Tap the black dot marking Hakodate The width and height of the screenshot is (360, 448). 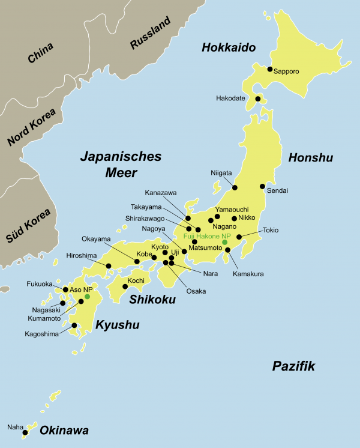pos(257,98)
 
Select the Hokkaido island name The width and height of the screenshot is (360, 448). pos(229,47)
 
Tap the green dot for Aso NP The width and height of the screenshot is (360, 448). pos(87,297)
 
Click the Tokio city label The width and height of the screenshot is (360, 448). pos(271,231)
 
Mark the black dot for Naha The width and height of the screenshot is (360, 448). pos(25,432)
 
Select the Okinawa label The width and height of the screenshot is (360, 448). pos(64,431)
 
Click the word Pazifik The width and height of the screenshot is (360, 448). pos(293,366)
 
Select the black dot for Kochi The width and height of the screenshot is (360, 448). pos(125,286)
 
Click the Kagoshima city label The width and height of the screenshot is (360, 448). pos(42,333)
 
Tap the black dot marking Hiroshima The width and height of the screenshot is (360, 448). pos(109,265)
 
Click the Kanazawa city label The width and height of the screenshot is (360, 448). pos(161,193)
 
